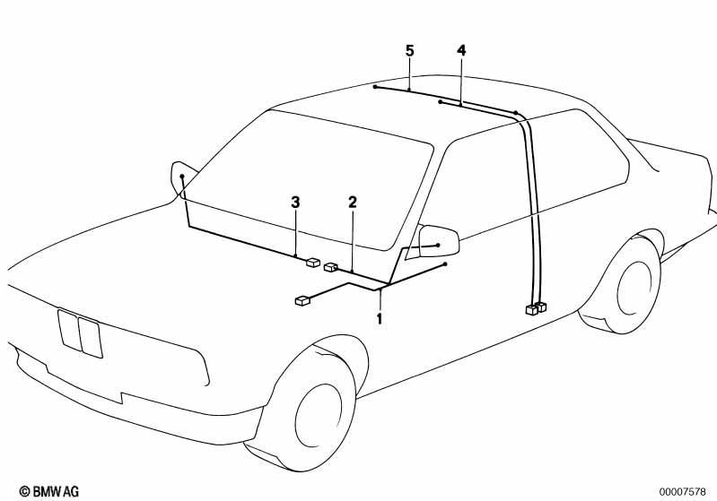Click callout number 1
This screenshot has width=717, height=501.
(379, 318)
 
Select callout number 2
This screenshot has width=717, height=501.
(352, 202)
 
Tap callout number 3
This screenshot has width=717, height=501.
(295, 202)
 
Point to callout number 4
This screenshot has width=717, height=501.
(461, 50)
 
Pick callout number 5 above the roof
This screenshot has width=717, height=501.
(410, 50)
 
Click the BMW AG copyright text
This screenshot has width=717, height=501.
(49, 491)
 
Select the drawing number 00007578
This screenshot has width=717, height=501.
(682, 492)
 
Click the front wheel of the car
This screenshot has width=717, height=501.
(316, 411)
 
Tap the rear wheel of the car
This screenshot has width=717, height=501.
(634, 287)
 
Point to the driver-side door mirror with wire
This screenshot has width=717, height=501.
(438, 241)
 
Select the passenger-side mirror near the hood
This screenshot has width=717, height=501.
(183, 179)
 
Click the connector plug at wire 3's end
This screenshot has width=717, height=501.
(313, 263)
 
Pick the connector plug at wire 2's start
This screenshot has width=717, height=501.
(330, 267)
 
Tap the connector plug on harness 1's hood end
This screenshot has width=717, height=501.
(302, 300)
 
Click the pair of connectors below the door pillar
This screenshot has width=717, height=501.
(536, 308)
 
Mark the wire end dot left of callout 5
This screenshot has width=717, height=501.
(375, 86)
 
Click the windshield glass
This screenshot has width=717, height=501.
(307, 183)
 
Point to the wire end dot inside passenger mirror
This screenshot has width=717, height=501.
(182, 176)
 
